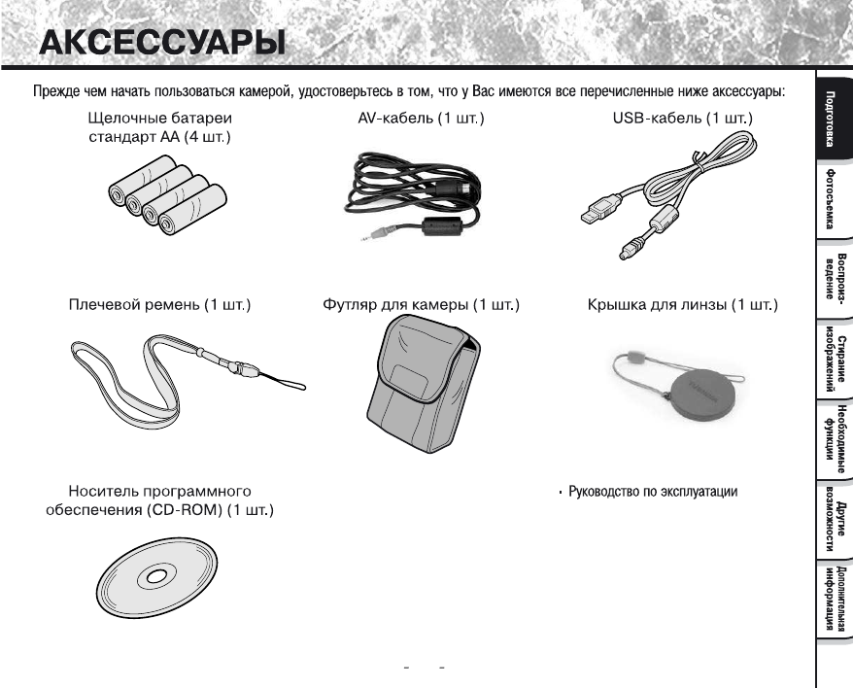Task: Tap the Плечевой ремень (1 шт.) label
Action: (162, 306)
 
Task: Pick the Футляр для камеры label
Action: (421, 306)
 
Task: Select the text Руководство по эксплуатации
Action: (652, 492)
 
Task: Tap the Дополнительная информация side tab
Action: (832, 598)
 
